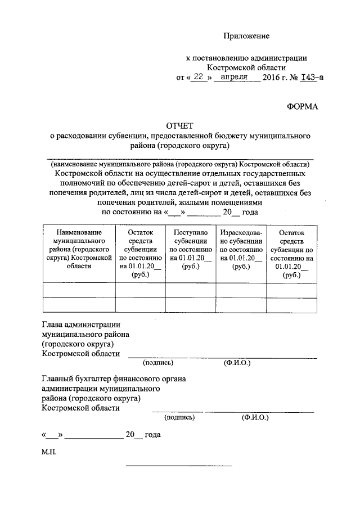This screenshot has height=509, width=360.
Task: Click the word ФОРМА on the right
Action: tap(303, 106)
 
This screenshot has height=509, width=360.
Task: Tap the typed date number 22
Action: tap(196, 78)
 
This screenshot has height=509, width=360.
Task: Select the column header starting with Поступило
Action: tap(191, 249)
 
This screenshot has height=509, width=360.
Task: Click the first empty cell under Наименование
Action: tap(79, 289)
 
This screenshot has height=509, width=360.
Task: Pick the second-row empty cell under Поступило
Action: tap(191, 304)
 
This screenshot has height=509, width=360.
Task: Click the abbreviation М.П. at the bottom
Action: tap(49, 452)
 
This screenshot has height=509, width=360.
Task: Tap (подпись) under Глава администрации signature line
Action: tap(158, 363)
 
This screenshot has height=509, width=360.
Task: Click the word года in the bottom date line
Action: tap(153, 435)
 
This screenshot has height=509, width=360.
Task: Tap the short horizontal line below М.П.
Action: tap(179, 466)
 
